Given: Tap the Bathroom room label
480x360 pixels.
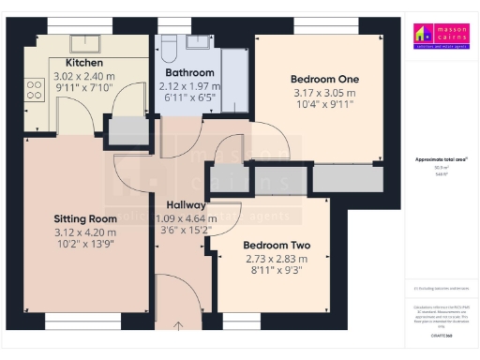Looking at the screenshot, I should (x=189, y=72).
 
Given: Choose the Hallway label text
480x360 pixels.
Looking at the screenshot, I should (x=179, y=205).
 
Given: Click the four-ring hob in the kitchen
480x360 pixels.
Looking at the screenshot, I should (x=36, y=89).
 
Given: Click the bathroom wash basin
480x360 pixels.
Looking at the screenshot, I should (x=199, y=42).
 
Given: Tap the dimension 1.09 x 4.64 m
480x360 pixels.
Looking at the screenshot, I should (x=179, y=218).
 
